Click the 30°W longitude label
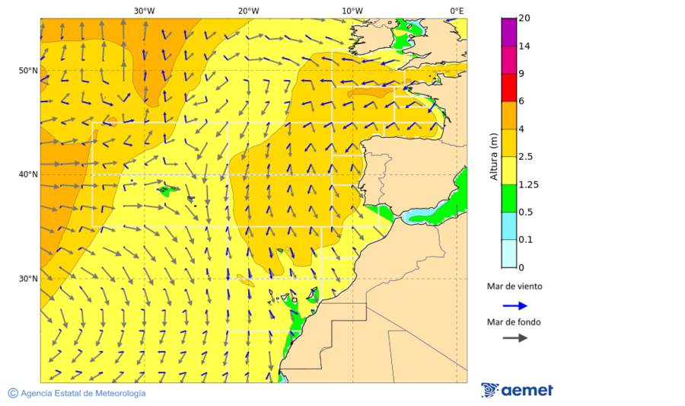[144, 11]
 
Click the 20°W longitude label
[248, 11]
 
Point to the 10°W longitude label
[352, 11]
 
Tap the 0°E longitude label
[457, 11]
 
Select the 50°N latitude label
[28, 71]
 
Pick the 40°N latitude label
[28, 174]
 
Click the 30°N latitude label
[28, 279]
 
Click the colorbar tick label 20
[524, 18]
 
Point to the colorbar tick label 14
[524, 46]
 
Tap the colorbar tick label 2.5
[526, 156]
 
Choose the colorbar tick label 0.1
[525, 239]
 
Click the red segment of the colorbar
[508, 87]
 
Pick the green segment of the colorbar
[508, 197]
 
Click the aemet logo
[517, 390]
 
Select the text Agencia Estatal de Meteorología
[83, 393]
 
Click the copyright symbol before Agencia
[13, 393]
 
